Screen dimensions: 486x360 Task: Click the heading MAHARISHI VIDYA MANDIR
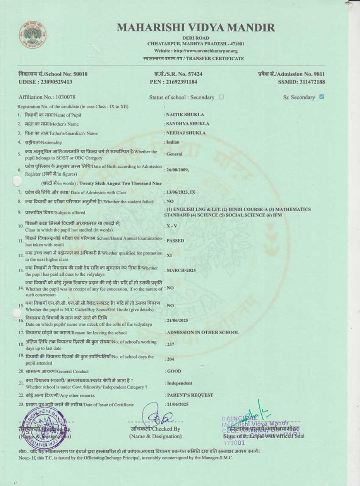[195, 28]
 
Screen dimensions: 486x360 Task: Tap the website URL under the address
[196, 51]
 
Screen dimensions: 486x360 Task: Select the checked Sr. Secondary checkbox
[321, 96]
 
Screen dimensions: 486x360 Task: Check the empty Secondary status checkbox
[221, 97]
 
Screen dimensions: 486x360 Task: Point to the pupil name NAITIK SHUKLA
[185, 114]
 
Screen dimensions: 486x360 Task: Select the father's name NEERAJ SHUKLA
[186, 133]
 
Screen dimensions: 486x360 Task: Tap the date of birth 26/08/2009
[177, 170]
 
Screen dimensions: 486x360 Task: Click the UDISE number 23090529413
[45, 82]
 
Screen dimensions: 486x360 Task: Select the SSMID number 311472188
[301, 82]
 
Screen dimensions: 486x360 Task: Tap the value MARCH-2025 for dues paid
[181, 270]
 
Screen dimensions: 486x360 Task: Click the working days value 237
[170, 345]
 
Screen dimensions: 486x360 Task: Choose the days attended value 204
[170, 359]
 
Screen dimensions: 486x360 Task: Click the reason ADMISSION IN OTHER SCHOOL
[203, 332]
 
